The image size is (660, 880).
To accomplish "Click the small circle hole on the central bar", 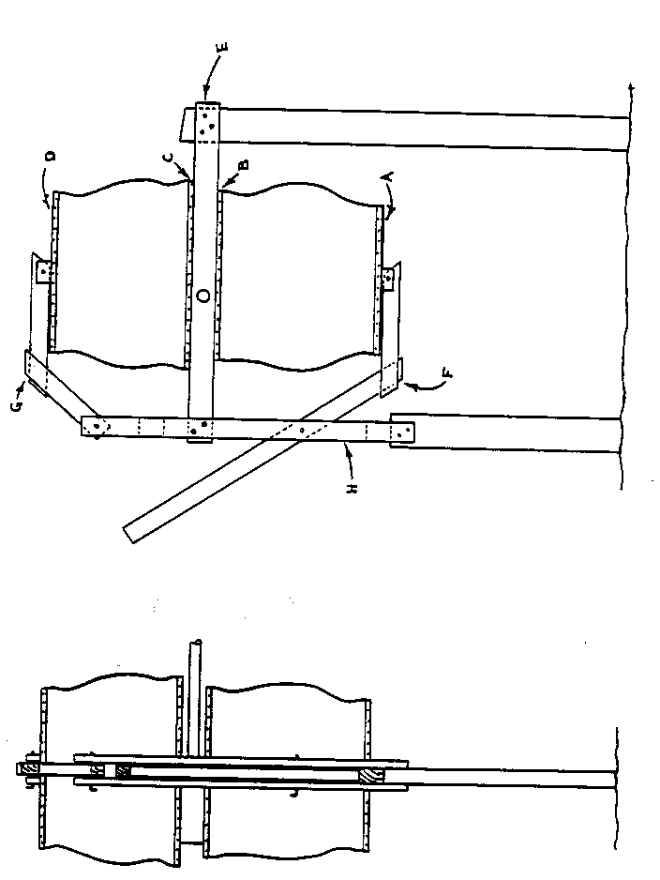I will tap(203, 295).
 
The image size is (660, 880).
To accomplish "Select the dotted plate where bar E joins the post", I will tap(207, 119).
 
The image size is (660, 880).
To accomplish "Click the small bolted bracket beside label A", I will tap(387, 277).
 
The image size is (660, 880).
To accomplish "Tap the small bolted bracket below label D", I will tap(43, 271).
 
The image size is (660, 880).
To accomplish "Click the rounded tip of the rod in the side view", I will tap(193, 644).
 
